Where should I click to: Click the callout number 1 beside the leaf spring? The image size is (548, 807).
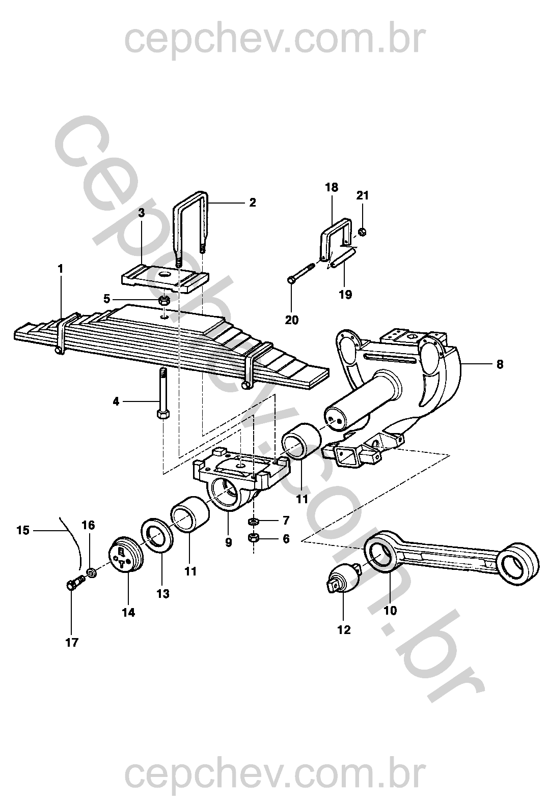point(61,269)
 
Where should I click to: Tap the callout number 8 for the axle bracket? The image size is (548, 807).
point(500,364)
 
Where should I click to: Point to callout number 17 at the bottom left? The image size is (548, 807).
point(72,643)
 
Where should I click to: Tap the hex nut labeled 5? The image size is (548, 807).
point(164,300)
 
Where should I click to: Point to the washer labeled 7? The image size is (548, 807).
point(253,522)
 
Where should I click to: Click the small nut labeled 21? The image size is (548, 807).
point(362,233)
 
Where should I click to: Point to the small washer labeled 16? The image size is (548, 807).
point(92,573)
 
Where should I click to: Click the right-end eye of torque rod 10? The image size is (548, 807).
point(518,563)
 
